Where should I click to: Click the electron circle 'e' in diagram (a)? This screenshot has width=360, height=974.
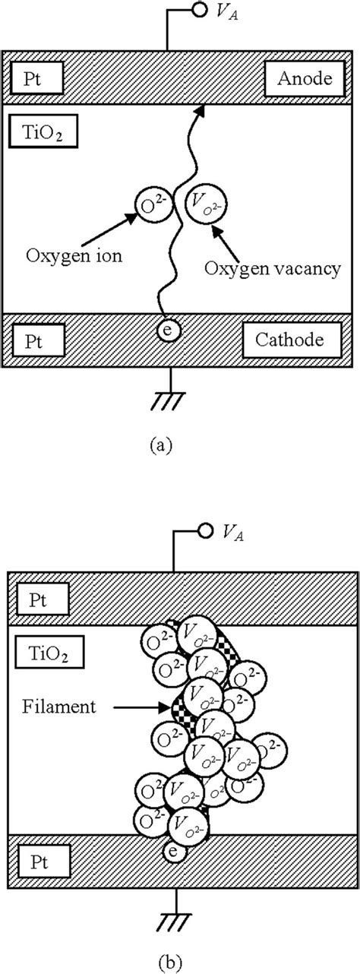pyautogui.click(x=169, y=330)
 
